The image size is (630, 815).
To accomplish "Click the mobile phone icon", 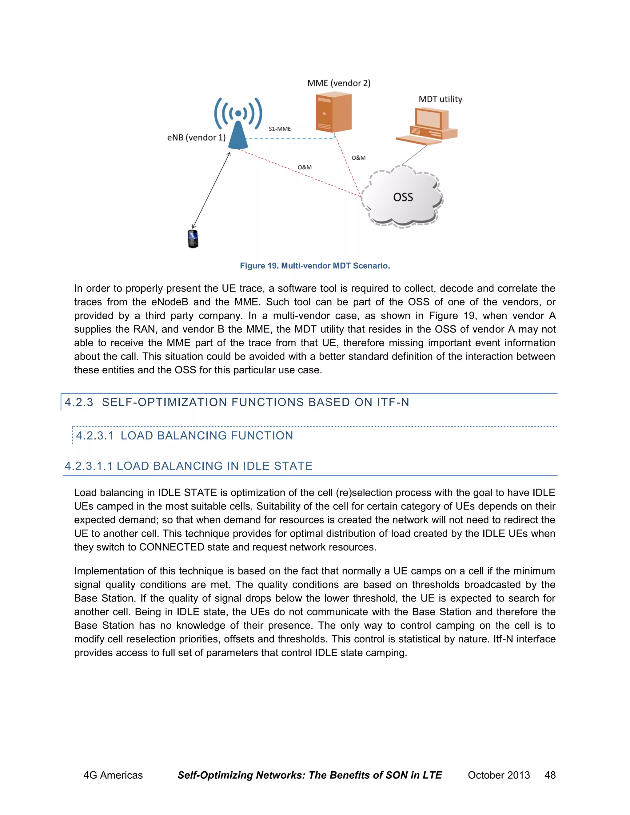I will pos(193,239).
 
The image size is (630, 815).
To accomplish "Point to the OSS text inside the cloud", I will pos(403,197).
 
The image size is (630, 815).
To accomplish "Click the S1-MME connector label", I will pos(280,129).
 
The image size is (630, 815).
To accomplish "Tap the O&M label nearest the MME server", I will pos(358,158).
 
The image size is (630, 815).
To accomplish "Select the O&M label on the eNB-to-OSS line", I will pos(305,167).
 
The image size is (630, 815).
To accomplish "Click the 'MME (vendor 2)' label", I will pos(338,83).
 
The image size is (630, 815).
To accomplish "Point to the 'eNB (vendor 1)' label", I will pos(196,138).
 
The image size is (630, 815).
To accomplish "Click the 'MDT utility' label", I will pos(441,99).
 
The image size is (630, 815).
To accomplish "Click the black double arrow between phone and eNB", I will pos(211,190).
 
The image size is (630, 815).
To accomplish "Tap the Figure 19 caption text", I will pos(315,266).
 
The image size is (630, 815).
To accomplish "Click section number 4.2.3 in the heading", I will pos(79,402).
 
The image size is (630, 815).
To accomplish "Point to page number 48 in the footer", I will pos(550,775).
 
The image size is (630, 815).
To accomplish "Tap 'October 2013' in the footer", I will pos(499,775).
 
